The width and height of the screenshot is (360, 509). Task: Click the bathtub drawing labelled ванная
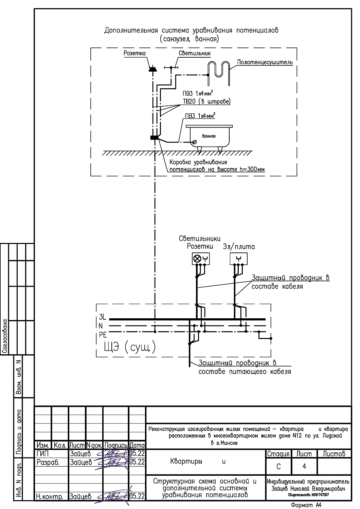pyautogui.click(x=209, y=136)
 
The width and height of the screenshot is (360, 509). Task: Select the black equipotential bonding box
pyautogui.click(x=155, y=137)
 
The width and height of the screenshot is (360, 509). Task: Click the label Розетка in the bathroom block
pyautogui.click(x=134, y=53)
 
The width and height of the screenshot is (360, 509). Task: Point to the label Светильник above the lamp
pyautogui.click(x=195, y=53)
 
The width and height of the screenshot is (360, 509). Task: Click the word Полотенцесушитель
pyautogui.click(x=265, y=62)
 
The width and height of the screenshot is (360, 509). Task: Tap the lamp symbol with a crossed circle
pyautogui.click(x=197, y=259)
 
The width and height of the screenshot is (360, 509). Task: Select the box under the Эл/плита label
pyautogui.click(x=238, y=259)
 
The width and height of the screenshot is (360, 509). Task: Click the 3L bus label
pyautogui.click(x=103, y=317)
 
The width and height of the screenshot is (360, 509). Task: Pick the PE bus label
pyautogui.click(x=103, y=335)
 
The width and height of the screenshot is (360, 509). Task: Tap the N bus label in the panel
pyautogui.click(x=101, y=326)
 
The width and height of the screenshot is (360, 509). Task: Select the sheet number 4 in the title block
pyautogui.click(x=304, y=466)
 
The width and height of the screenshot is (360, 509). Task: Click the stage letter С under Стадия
pyautogui.click(x=278, y=467)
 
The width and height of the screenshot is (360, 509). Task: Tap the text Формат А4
pyautogui.click(x=306, y=505)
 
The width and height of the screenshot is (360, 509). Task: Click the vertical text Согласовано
pyautogui.click(x=4, y=336)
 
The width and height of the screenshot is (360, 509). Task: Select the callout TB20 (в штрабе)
pyautogui.click(x=206, y=101)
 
